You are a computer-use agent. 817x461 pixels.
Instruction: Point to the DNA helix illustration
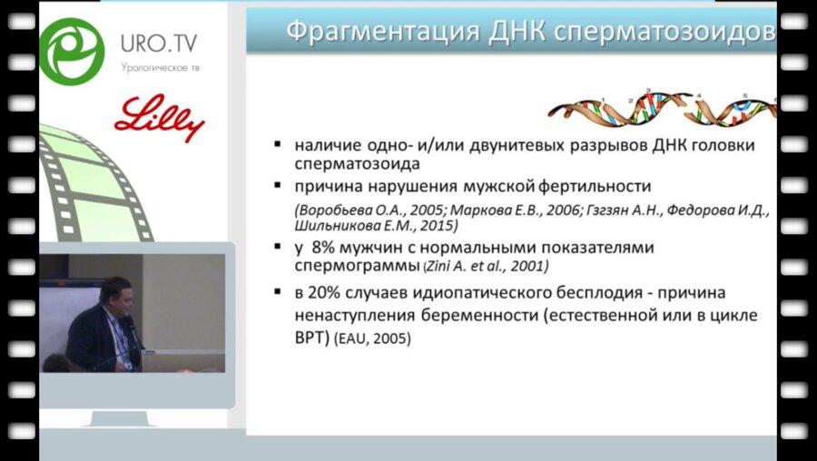(663, 107)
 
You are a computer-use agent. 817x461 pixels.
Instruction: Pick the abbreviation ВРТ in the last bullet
(311, 338)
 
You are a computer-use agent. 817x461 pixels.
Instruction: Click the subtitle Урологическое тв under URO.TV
(159, 68)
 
